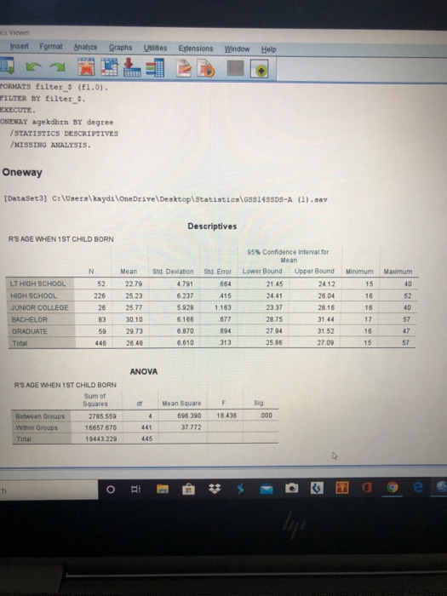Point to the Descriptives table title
212,226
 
